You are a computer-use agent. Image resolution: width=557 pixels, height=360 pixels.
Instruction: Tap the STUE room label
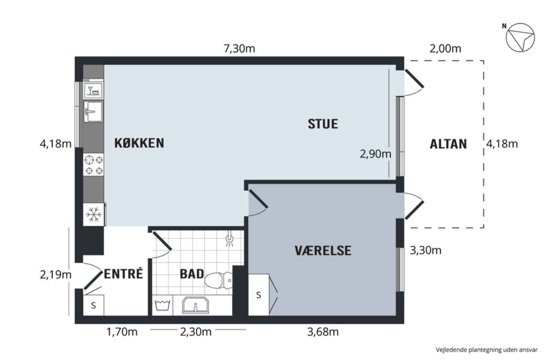(323, 124)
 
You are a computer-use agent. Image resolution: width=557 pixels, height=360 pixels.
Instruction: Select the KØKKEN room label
(139, 143)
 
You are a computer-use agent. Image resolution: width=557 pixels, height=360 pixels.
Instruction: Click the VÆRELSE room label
(323, 250)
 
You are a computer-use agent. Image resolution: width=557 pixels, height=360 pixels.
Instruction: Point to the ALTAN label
(448, 144)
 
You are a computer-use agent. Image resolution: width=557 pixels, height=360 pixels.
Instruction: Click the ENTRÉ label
(123, 274)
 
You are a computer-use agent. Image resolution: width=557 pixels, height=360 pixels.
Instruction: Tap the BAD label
(192, 274)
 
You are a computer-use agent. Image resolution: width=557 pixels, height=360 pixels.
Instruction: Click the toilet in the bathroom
(219, 280)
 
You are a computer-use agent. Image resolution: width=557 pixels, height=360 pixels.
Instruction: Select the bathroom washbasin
(195, 305)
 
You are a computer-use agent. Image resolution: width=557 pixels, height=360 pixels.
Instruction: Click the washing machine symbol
(162, 305)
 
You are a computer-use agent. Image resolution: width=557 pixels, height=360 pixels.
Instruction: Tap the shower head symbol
(229, 239)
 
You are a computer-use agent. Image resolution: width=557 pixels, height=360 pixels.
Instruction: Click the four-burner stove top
(93, 165)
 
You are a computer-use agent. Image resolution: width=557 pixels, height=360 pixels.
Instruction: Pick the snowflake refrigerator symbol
(94, 214)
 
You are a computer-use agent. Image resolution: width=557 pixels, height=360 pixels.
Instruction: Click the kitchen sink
(93, 112)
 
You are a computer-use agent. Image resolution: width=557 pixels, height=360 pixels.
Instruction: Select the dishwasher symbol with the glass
(93, 90)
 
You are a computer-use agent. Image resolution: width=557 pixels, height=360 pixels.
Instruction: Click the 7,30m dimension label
(239, 49)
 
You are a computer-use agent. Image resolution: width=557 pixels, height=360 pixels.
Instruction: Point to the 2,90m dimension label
(376, 154)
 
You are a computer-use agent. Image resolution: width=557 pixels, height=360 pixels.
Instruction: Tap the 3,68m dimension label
(323, 332)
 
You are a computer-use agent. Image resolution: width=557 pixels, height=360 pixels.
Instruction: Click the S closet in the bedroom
(259, 295)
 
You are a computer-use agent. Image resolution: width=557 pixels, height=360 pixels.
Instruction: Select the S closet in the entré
(93, 305)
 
